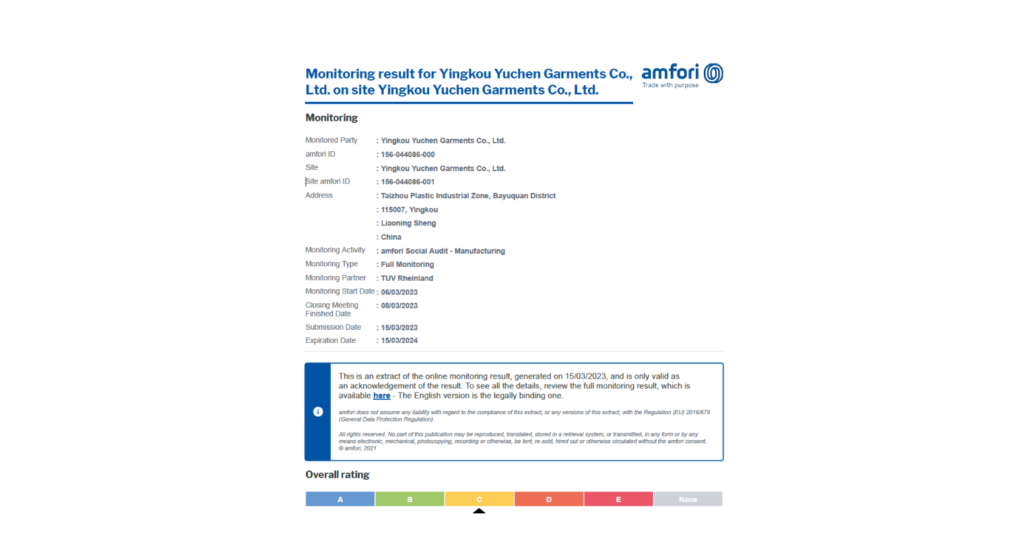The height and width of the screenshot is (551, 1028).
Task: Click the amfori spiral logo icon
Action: coord(713,73)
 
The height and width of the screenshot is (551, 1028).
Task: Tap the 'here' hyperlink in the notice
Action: coord(382,396)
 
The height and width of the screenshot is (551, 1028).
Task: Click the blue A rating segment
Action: coord(340,499)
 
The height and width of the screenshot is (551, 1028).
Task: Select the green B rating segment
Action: coord(410,499)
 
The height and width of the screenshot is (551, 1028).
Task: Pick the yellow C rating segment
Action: coord(479,499)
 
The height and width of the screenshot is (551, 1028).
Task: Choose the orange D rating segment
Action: coord(549,499)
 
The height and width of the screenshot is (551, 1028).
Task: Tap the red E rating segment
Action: coord(619,499)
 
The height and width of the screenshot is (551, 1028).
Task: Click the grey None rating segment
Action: coord(688,499)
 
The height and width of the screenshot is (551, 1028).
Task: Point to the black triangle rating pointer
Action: coord(479,511)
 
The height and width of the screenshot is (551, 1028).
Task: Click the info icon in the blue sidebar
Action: coord(318,412)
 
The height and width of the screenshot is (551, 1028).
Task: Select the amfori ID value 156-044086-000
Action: coord(407,155)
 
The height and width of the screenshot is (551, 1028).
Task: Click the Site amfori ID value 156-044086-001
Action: coord(407,182)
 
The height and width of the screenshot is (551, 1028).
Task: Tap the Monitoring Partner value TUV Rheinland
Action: coord(407,278)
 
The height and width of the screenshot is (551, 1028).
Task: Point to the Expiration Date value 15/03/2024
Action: coord(399,341)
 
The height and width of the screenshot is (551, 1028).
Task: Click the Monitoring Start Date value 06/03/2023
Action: coord(399,292)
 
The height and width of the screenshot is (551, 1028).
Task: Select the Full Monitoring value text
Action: coord(407,264)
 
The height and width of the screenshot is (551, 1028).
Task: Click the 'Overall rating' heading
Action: coord(337,474)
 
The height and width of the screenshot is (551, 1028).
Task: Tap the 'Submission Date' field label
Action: coord(333,327)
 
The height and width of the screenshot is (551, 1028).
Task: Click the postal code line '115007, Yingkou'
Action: coord(409,209)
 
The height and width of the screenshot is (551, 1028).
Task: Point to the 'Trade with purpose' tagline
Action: coord(670,85)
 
